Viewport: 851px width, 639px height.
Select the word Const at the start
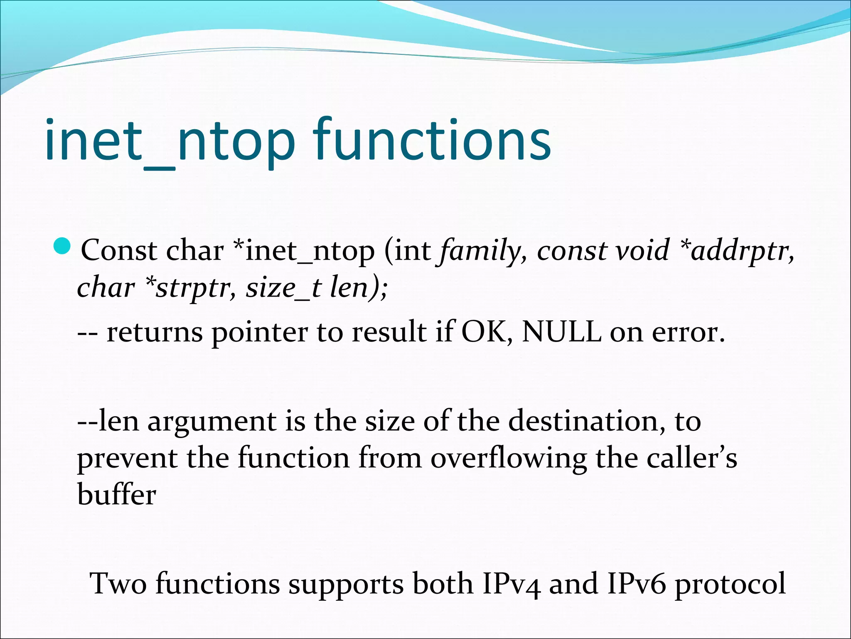(119, 250)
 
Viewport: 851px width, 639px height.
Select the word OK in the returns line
(486, 332)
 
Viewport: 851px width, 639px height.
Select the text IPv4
(512, 583)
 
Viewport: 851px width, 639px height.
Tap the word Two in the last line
(118, 583)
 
